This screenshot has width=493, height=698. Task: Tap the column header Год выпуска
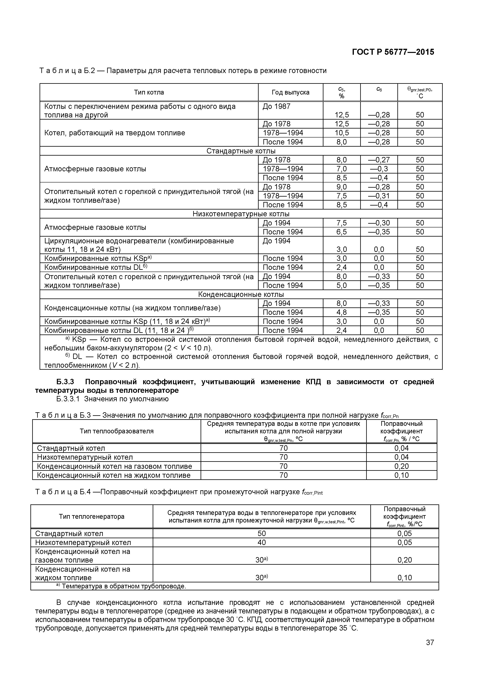(290, 92)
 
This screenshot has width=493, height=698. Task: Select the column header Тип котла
(149, 92)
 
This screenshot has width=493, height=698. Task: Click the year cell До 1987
(277, 106)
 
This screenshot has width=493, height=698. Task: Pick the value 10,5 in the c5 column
(342, 133)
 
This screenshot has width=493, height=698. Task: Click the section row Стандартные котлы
(241, 151)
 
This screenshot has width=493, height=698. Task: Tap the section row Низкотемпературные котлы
(241, 214)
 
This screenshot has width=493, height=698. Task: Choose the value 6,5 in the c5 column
(342, 232)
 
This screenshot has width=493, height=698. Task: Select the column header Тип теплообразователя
(117, 431)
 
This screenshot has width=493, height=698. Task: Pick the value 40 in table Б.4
(262, 542)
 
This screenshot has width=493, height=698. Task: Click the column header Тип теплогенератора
(91, 517)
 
